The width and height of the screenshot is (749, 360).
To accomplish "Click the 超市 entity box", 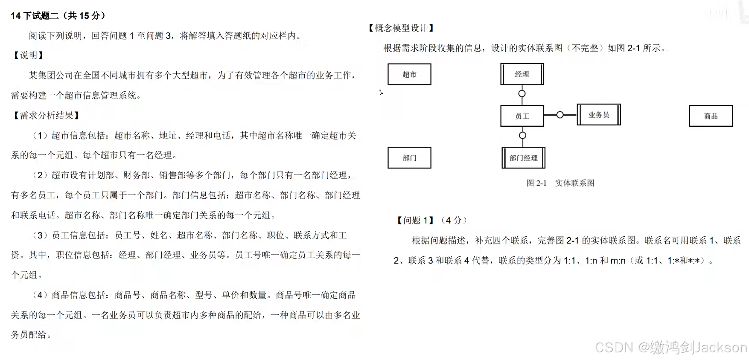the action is [x=409, y=75].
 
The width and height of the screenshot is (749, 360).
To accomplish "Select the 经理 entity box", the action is [x=522, y=74].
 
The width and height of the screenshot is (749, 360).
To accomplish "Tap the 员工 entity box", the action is [x=522, y=116].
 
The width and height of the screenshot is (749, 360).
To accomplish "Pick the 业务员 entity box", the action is [x=598, y=115].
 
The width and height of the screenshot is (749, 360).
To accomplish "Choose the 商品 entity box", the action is [x=711, y=116].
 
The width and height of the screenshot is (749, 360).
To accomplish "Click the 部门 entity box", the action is [x=409, y=158].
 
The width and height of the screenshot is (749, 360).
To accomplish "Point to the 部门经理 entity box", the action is [x=523, y=158].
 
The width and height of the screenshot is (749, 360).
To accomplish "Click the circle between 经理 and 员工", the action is [x=522, y=93].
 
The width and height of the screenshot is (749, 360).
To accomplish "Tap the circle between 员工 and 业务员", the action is [x=560, y=115].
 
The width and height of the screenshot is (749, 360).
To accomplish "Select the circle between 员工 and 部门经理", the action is [x=522, y=136].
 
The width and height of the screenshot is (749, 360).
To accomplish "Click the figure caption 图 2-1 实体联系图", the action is [x=560, y=183].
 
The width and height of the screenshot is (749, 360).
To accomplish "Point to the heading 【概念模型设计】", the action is [x=401, y=28].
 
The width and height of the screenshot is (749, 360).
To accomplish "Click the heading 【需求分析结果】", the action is [x=47, y=115].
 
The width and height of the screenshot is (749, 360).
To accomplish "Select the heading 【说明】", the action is [x=29, y=55].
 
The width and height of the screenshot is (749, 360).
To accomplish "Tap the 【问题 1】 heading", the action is [x=416, y=220].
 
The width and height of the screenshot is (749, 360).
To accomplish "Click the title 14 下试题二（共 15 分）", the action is [x=58, y=16].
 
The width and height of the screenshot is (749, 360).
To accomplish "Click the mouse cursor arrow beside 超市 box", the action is [x=381, y=92].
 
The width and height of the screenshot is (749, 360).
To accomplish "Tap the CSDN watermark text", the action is [x=670, y=347].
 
